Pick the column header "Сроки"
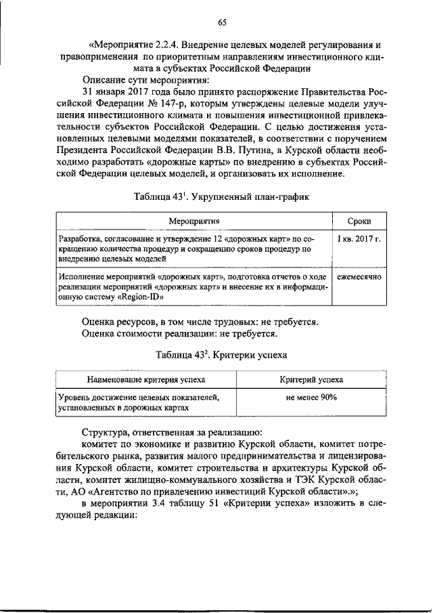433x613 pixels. coord(358,221)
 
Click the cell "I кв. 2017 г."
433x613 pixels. coord(358,240)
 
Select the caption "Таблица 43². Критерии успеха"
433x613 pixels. coord(221,354)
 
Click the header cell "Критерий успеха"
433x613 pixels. coord(311,381)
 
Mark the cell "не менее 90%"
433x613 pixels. coord(311,398)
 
